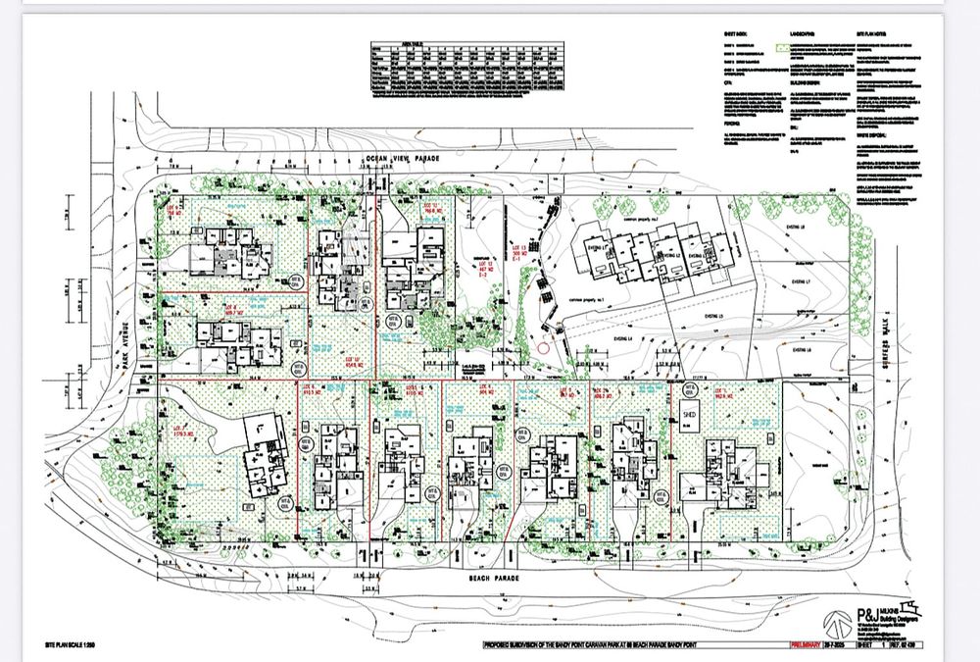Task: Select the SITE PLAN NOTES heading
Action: coord(875,31)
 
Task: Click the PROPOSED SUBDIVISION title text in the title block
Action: coord(627,644)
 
